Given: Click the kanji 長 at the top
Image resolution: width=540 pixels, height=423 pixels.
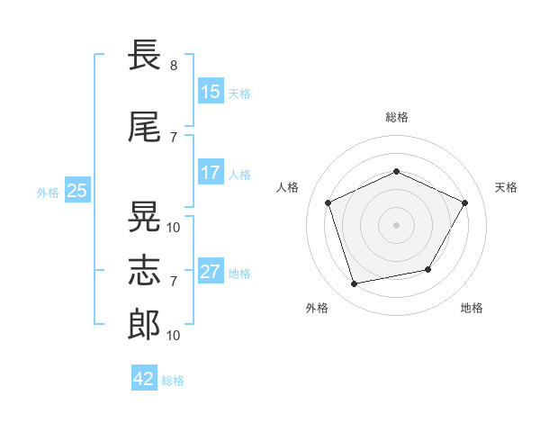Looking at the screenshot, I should (x=144, y=56).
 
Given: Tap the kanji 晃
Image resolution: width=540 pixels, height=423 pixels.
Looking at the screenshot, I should (x=144, y=217).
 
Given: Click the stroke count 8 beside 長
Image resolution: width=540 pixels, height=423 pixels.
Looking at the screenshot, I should (x=174, y=66).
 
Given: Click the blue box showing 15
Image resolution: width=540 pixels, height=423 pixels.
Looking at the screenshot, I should (x=211, y=92).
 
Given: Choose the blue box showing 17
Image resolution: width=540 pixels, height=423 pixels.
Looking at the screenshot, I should (x=211, y=173).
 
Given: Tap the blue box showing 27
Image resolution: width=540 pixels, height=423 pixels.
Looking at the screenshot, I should (x=211, y=272).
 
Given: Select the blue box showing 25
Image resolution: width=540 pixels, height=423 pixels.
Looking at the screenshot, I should (x=77, y=191).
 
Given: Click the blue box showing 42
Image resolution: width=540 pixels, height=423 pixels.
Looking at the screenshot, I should (x=144, y=379).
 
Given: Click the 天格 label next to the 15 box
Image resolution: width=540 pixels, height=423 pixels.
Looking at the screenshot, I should (x=239, y=93).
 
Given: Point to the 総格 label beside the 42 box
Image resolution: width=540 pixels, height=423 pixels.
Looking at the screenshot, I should (x=173, y=380).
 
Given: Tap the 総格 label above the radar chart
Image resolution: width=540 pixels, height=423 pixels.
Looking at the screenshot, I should (x=396, y=117).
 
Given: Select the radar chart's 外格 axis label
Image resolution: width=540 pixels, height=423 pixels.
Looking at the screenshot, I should (x=317, y=309).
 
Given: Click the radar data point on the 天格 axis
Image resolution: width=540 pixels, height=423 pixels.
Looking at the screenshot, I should (x=465, y=202).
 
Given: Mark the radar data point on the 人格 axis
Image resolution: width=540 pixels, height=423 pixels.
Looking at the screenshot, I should (x=328, y=202).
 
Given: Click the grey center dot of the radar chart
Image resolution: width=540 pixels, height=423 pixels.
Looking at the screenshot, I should (x=396, y=225).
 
